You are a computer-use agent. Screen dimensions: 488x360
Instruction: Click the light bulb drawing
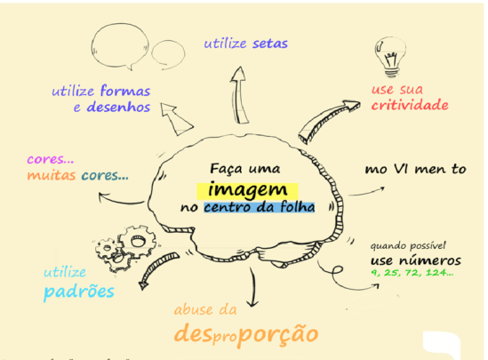(x=390, y=57)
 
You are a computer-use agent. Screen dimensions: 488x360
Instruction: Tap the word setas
(x=270, y=44)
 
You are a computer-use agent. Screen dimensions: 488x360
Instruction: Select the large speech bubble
(x=120, y=47)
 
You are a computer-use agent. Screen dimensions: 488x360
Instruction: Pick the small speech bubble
(x=168, y=54)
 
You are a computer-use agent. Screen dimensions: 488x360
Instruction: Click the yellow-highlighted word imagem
(x=247, y=190)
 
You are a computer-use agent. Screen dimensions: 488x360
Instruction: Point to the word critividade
(x=410, y=105)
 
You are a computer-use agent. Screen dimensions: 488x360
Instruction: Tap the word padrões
(x=79, y=292)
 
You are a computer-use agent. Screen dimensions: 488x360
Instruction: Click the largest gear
(x=137, y=241)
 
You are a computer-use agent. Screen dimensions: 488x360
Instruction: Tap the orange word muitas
(x=52, y=175)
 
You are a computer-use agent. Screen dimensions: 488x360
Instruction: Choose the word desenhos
(x=118, y=107)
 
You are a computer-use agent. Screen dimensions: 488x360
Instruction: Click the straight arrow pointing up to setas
(x=240, y=95)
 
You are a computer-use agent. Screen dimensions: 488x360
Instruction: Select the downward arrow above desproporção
(x=252, y=286)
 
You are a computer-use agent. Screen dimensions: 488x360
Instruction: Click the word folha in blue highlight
(x=298, y=207)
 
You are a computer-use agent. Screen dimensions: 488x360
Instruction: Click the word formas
(x=125, y=91)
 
